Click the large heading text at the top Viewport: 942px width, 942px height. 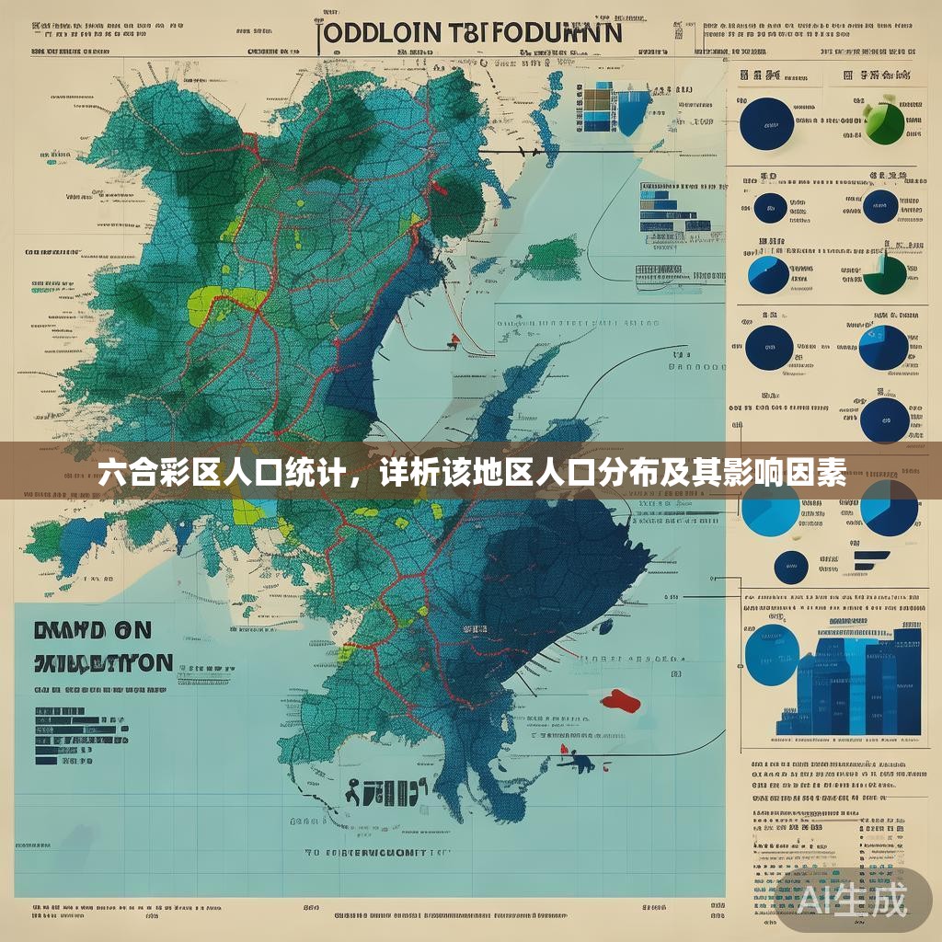470,32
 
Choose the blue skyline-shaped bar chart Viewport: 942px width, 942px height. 851,681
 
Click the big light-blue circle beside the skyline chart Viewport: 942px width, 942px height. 770,654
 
